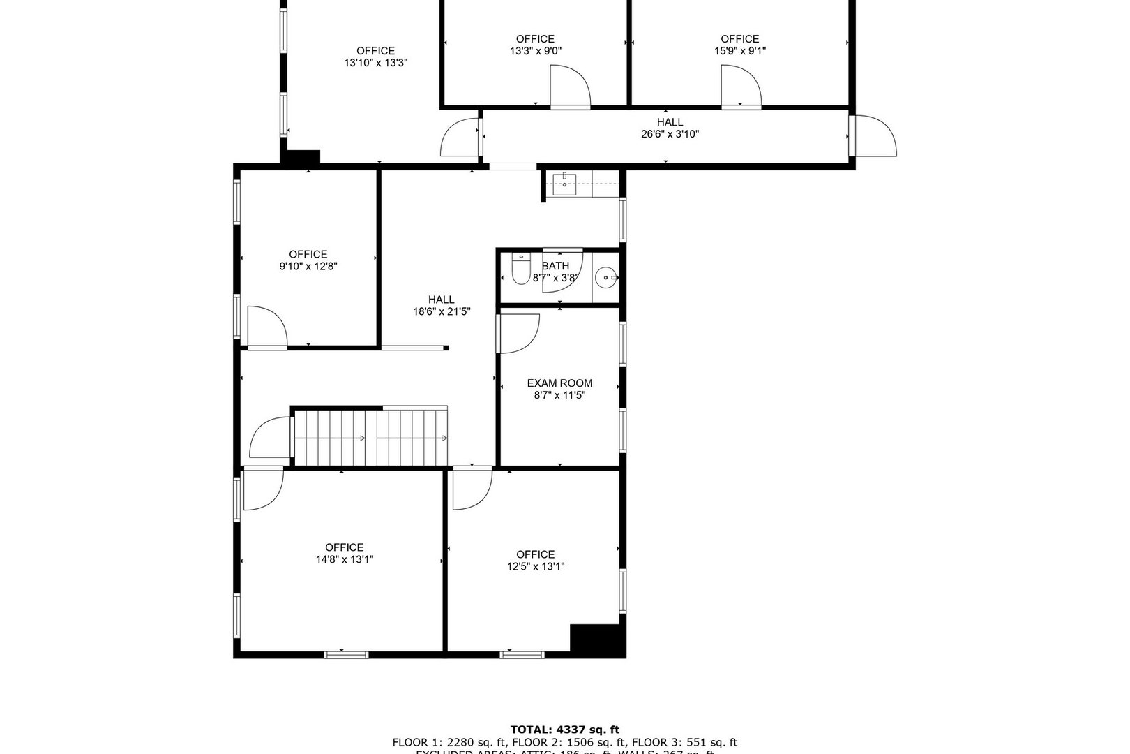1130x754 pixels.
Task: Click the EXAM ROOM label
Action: [x=559, y=383]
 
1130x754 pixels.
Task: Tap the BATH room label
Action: [x=555, y=265]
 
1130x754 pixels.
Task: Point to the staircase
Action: [x=370, y=437]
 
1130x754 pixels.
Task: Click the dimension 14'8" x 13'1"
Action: [x=344, y=559]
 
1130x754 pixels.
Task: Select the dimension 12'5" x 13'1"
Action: [x=536, y=566]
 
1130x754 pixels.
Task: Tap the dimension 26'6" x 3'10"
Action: [x=670, y=134]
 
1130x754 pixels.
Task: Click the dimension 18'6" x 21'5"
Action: [x=442, y=311]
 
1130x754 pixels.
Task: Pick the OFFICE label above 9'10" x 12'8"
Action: [x=308, y=254]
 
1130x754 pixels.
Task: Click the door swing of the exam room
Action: [x=518, y=333]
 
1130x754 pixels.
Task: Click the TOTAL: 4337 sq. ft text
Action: [x=564, y=730]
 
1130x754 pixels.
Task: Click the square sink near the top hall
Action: [x=564, y=185]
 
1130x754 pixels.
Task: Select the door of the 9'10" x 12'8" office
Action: [x=267, y=327]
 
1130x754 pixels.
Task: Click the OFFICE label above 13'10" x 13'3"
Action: [x=375, y=50]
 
